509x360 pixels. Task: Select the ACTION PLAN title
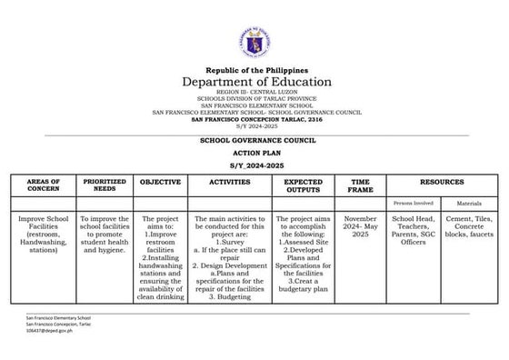[255, 155]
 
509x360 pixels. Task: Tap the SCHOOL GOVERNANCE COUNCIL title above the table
[255, 142]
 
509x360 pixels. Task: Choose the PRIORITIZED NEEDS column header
[105, 186]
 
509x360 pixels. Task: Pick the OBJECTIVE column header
[161, 183]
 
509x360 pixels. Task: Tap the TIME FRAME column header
[360, 186]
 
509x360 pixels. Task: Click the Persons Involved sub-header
[412, 205]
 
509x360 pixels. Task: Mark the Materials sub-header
[469, 205]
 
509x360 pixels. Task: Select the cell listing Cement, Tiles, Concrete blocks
[469, 234]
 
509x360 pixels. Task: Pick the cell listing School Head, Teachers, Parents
[412, 234]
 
